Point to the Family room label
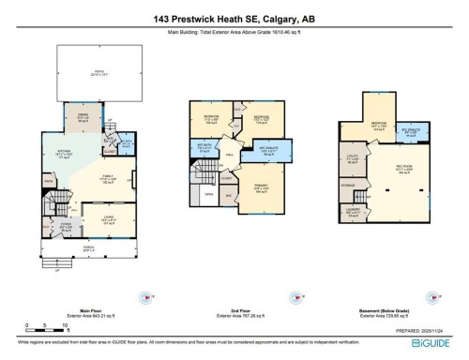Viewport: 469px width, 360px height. coord(106,181)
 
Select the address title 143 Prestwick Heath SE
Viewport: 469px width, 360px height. coord(234,18)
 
